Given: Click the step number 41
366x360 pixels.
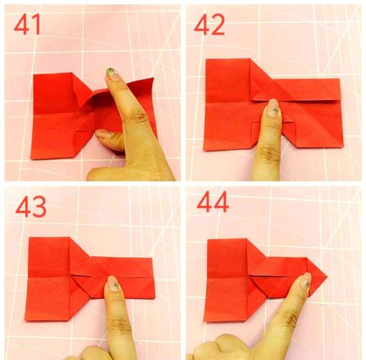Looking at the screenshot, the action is point(27,24).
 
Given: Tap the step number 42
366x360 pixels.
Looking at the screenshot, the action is point(209,24).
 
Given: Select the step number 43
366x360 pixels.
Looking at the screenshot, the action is point(31,207).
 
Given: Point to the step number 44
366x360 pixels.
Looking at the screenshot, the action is point(213,202).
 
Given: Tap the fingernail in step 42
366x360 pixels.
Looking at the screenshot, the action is point(273,108).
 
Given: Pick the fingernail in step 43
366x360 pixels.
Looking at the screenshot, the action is point(114,283).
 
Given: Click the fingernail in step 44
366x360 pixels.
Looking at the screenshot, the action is point(306,280).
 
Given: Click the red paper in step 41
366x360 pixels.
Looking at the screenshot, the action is point(65,115).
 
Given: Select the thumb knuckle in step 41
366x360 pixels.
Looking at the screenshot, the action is point(138,117).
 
